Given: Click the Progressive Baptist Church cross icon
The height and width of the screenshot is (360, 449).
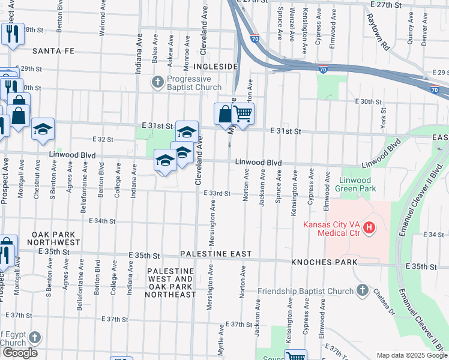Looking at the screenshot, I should pyautogui.click(x=158, y=82).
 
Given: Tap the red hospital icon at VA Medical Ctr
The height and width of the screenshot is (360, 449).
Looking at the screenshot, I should pyautogui.click(x=369, y=228).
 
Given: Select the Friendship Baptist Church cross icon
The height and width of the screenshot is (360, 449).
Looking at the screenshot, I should pyautogui.click(x=361, y=291).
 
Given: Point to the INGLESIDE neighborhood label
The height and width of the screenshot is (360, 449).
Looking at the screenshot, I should pyautogui.click(x=216, y=66).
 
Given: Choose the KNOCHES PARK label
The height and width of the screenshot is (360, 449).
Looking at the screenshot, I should pyautogui.click(x=324, y=262).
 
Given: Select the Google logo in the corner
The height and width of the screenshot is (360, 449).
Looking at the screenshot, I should pyautogui.click(x=19, y=353).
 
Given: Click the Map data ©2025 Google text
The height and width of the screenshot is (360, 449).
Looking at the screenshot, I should pyautogui.click(x=411, y=355).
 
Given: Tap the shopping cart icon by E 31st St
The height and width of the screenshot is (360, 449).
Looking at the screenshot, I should pyautogui.click(x=243, y=113).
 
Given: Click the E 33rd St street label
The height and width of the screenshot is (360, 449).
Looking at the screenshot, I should pyautogui.click(x=217, y=193).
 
